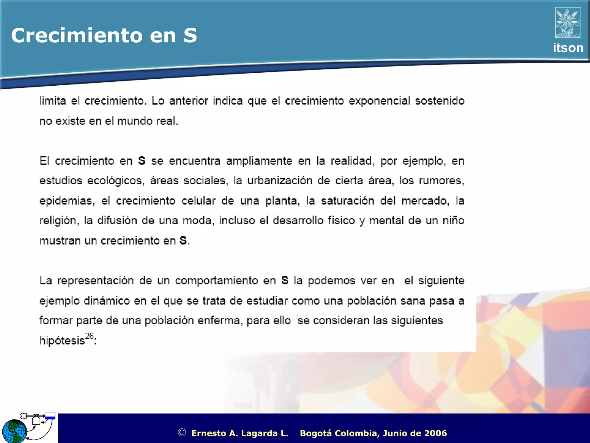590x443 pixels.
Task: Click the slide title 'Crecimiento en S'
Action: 104,35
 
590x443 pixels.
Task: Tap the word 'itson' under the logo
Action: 568,48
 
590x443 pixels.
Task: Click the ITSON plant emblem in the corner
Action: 568,23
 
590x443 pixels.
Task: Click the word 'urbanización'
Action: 280,181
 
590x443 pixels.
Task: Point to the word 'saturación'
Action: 347,201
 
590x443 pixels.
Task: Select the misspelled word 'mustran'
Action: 56,241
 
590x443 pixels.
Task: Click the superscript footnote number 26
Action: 90,336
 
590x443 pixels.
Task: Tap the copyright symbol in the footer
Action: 182,433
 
